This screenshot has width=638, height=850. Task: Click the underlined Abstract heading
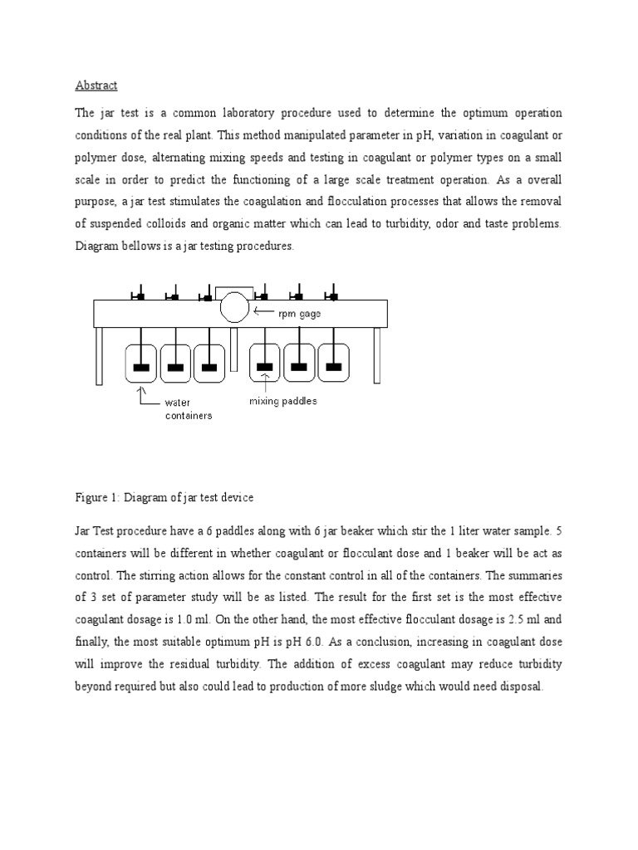96,85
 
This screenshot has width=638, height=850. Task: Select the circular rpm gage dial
234,308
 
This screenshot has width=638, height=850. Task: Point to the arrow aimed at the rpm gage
267,312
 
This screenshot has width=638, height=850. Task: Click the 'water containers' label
187,408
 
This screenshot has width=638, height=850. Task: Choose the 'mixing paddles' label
283,401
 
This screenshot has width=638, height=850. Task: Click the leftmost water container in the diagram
141,364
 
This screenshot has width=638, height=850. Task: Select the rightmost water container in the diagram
332,363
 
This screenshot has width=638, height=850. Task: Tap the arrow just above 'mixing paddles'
265,381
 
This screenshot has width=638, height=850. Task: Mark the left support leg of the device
98,355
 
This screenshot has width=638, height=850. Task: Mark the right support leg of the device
376,355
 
